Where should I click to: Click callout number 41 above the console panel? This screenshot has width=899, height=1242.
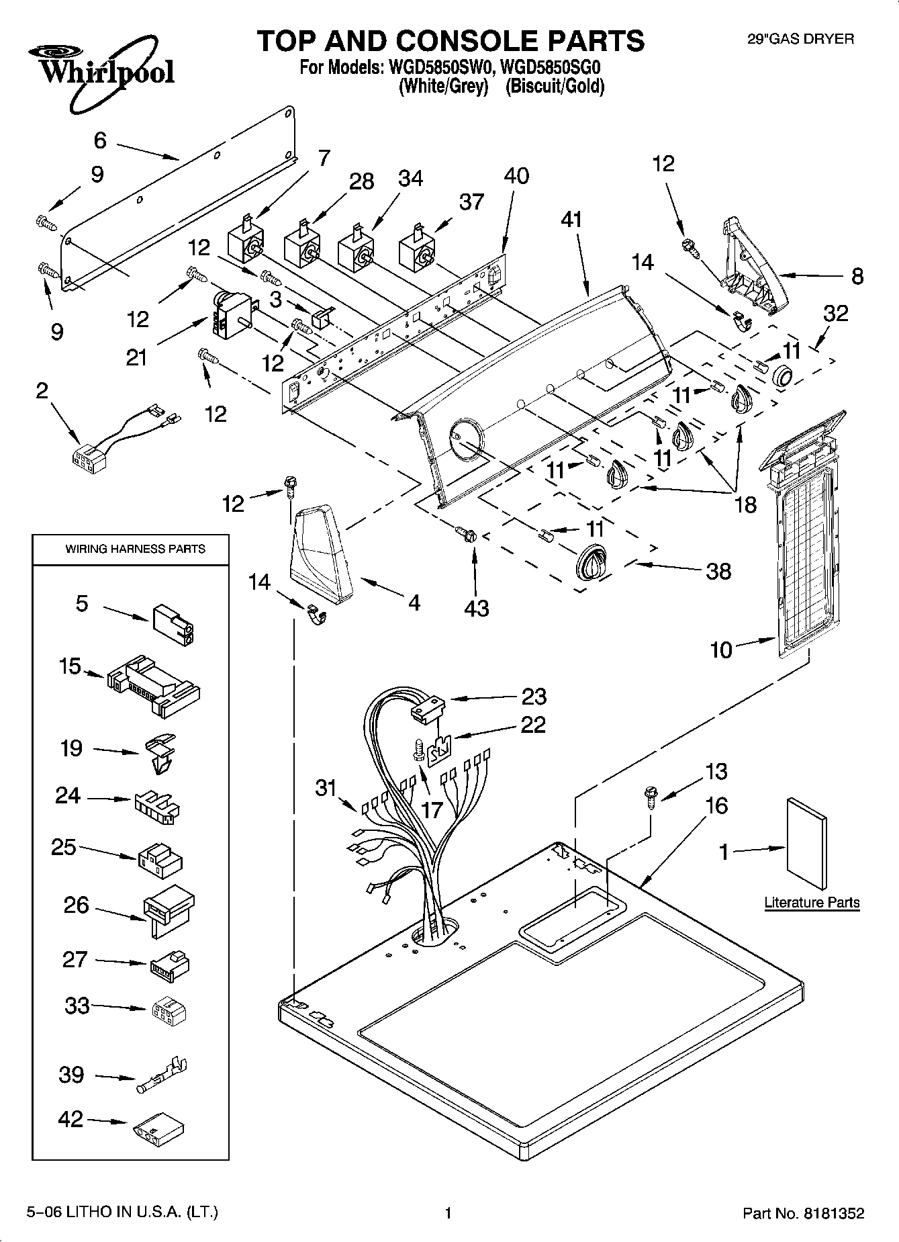coord(571,220)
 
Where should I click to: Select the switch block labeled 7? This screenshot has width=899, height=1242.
coord(246,240)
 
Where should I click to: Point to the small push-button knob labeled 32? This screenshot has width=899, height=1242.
coord(782,378)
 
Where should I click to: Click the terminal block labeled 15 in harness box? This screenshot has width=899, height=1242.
coord(152,686)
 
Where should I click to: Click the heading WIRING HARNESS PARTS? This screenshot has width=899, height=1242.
coord(135,549)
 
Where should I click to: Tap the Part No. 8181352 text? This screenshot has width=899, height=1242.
coord(803,1214)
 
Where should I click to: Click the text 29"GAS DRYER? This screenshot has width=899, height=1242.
coord(800,39)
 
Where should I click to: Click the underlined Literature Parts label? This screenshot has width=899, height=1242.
coord(812,902)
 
